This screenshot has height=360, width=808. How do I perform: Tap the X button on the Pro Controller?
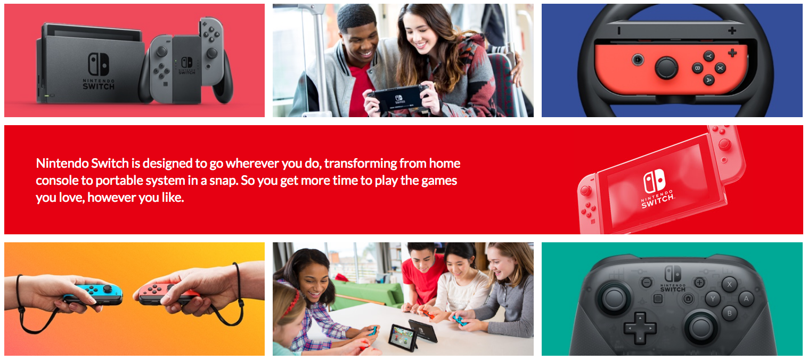click(x=729, y=284)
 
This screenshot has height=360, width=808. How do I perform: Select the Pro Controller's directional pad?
click(x=640, y=328)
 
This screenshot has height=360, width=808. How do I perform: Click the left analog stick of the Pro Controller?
click(x=614, y=298)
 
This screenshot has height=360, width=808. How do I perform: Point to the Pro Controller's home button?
click(x=688, y=299)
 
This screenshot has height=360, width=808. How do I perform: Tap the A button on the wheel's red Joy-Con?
click(x=709, y=80)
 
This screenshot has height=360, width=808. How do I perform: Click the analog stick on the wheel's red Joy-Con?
click(x=666, y=68)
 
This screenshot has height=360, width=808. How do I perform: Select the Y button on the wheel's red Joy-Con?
click(x=709, y=56)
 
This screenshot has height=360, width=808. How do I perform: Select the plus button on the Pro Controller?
click(x=699, y=283)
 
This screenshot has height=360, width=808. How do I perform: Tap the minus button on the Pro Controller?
click(x=647, y=282)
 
